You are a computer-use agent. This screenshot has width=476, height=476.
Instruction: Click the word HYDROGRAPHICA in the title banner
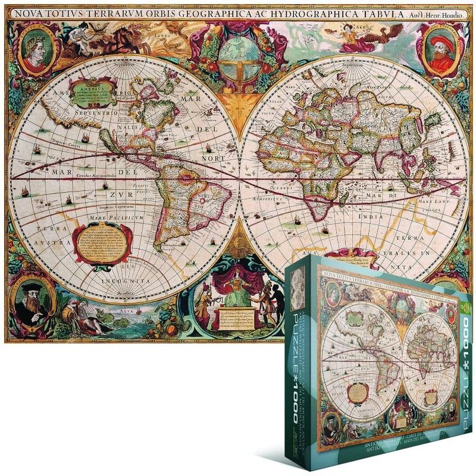point(279,12)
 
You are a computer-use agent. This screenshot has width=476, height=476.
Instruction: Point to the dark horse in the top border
point(118,39)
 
